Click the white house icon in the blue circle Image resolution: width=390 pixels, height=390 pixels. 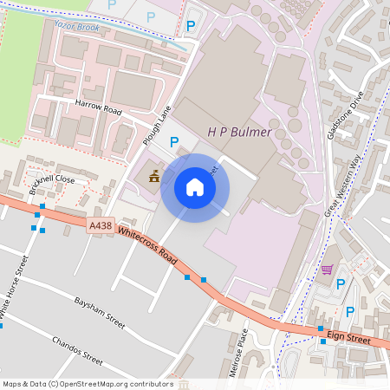pos(195,187)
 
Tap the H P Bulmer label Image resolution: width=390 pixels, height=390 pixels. pos(239,133)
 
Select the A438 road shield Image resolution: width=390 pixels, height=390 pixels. pos(101,225)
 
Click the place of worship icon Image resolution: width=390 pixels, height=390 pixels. pos(154,176)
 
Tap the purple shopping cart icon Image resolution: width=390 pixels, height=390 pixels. pos(327,270)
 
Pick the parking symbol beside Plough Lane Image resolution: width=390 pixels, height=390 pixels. pos(173,142)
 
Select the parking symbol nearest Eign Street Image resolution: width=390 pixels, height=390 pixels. pos(350,312)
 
